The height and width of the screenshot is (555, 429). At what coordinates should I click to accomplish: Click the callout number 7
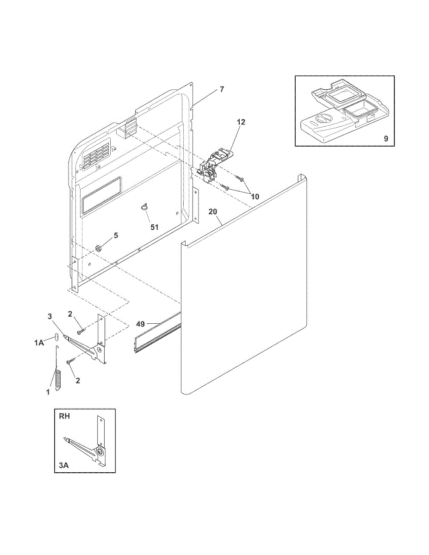click(222, 89)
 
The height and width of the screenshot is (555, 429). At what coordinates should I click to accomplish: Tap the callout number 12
click(241, 122)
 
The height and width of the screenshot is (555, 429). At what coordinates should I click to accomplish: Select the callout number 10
click(255, 196)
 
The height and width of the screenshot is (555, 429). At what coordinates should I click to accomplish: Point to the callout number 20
click(212, 212)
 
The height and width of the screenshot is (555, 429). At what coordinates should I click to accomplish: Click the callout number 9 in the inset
click(386, 138)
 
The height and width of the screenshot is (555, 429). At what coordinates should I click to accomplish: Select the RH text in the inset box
click(64, 416)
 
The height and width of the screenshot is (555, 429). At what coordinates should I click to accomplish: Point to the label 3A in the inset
click(64, 466)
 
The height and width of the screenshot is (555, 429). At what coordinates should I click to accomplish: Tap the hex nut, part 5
click(98, 248)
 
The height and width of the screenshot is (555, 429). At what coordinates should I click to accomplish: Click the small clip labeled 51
click(144, 207)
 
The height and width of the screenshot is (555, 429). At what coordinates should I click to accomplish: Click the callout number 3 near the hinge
click(50, 316)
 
